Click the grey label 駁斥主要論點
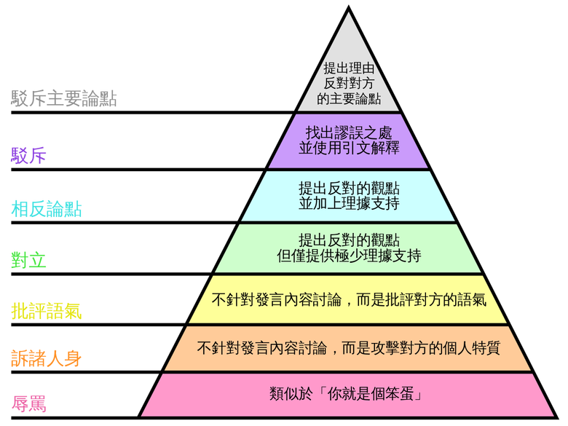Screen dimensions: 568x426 pyautogui.click(x=64, y=98)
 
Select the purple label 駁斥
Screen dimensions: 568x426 pyautogui.click(x=28, y=155)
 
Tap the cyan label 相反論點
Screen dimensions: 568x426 pyautogui.click(x=47, y=209)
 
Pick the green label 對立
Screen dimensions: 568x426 pyautogui.click(x=28, y=260)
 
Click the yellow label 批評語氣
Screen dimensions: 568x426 pyautogui.click(x=47, y=311)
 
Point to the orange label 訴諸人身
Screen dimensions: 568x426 pyautogui.click(x=47, y=358)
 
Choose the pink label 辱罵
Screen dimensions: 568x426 pyautogui.click(x=28, y=403)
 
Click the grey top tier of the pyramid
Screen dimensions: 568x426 pyautogui.click(x=349, y=79)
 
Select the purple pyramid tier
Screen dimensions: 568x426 pyautogui.click(x=349, y=141)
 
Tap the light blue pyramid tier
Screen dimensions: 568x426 pyautogui.click(x=349, y=196)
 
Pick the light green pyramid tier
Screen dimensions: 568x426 pyautogui.click(x=349, y=248)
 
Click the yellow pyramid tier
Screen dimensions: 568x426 pyautogui.click(x=349, y=299)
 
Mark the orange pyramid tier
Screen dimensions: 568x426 pyautogui.click(x=349, y=349)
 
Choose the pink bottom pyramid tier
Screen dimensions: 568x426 pyautogui.click(x=349, y=395)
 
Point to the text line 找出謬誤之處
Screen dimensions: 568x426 pyautogui.click(x=349, y=133)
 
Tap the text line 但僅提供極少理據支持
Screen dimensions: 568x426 pyautogui.click(x=349, y=256)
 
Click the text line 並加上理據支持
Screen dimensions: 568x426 pyautogui.click(x=349, y=204)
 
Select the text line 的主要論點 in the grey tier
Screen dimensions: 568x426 pyautogui.click(x=349, y=98)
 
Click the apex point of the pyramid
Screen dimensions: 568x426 pyautogui.click(x=349, y=6)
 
